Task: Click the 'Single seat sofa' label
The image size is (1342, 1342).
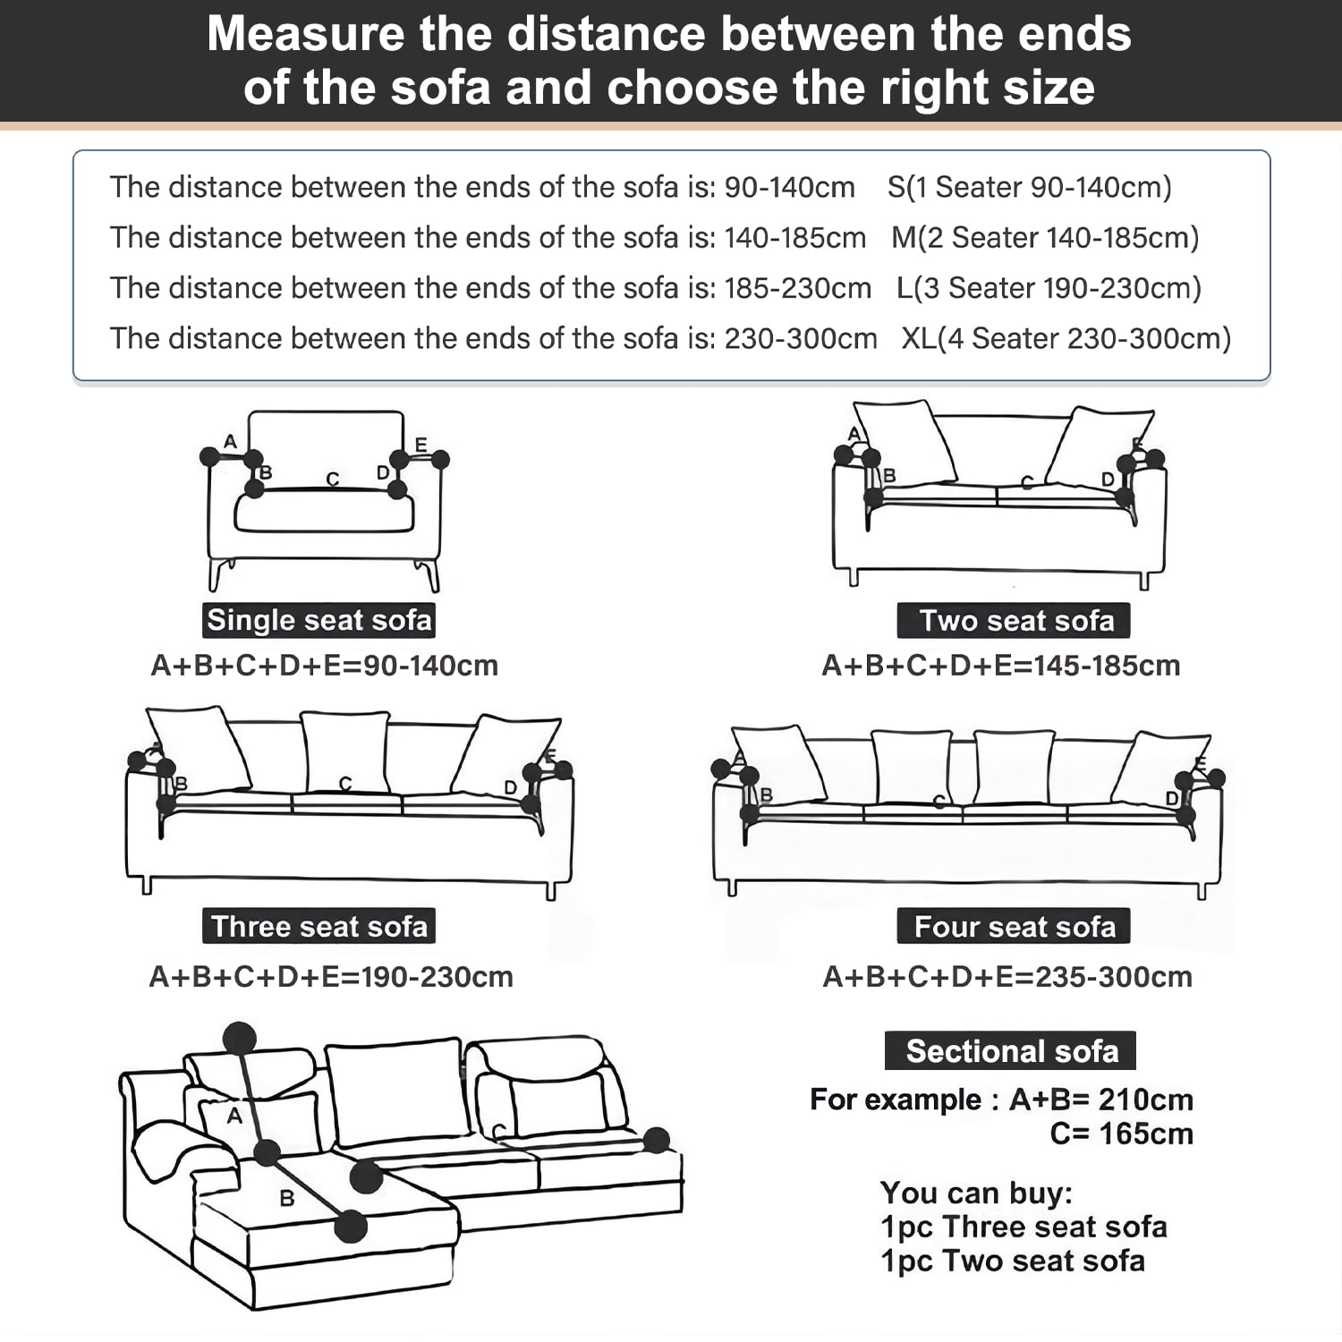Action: tap(319, 620)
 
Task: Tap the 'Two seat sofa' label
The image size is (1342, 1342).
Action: tap(1014, 620)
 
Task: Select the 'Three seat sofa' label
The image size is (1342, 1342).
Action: tap(319, 926)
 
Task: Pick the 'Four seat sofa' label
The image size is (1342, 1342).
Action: tap(1014, 926)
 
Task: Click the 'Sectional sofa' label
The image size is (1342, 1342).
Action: tap(1011, 1050)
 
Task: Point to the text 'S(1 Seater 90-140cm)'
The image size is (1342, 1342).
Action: tap(1029, 187)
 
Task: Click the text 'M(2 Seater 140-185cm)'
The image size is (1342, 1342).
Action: tap(1045, 238)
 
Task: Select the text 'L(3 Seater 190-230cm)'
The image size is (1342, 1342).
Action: tap(1049, 288)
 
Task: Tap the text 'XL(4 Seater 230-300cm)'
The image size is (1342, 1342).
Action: tap(1066, 339)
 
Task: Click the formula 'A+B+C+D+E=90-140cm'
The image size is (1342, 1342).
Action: tap(324, 666)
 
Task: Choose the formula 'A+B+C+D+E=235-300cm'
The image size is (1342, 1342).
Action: tap(1007, 977)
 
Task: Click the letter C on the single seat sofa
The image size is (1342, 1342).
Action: tap(333, 480)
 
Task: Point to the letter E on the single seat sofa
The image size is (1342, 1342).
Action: tap(420, 445)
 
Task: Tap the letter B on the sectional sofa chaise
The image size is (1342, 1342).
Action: tap(287, 1198)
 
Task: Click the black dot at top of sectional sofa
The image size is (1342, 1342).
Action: tap(239, 1038)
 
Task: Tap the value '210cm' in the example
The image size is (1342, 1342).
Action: tap(1145, 1100)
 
